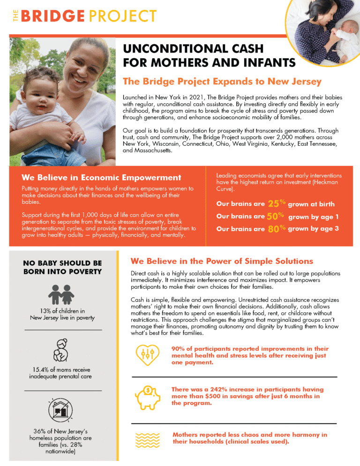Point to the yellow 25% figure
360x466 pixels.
(x=276, y=204)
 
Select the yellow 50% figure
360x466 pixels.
(x=276, y=217)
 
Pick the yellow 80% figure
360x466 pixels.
(x=276, y=229)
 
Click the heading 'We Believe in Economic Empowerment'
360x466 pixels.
(x=101, y=178)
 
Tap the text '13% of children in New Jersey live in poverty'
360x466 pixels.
(x=62, y=314)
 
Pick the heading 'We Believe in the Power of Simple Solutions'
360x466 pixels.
(x=222, y=261)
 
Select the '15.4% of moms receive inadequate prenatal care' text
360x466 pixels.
(x=62, y=373)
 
